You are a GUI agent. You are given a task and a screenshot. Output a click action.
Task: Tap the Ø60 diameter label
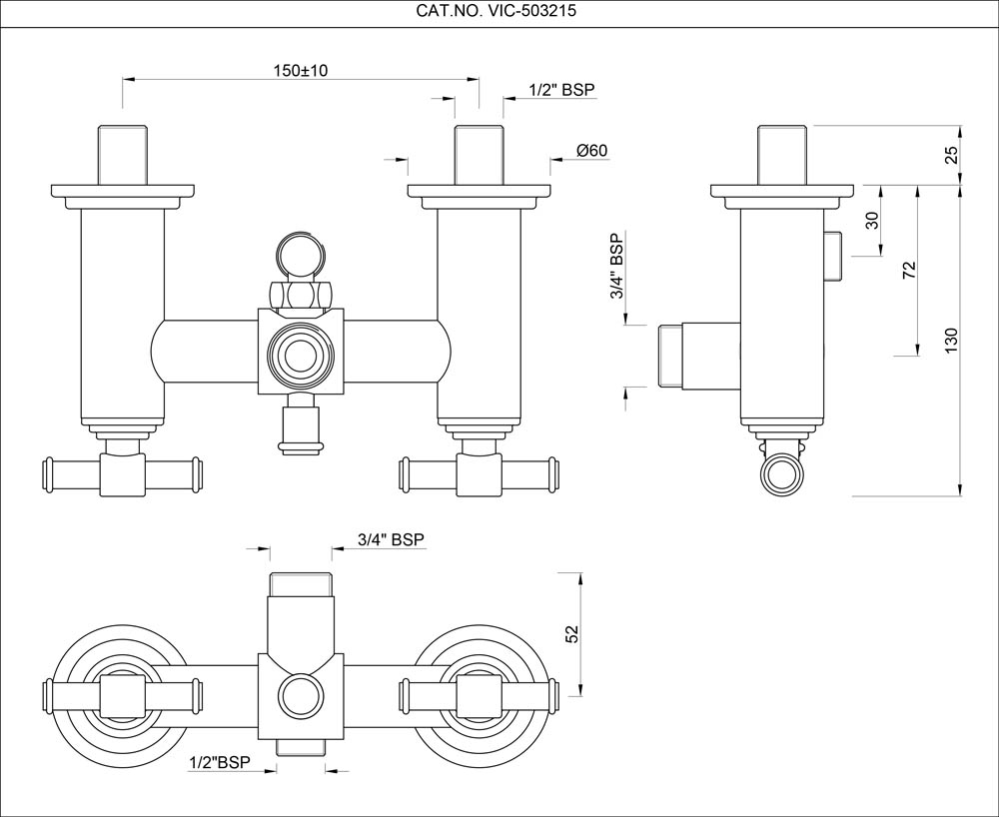(x=592, y=151)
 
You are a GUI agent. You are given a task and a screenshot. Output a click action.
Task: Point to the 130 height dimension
(x=951, y=340)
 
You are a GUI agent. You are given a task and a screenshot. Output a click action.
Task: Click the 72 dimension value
(x=909, y=271)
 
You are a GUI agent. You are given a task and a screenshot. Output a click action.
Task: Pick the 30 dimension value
(x=872, y=221)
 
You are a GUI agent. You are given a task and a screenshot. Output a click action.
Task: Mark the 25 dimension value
(x=951, y=155)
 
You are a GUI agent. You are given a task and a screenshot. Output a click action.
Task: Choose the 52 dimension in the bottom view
(x=572, y=635)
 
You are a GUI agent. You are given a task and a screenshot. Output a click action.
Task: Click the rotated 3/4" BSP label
(x=618, y=268)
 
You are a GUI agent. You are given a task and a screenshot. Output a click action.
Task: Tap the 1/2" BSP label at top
(x=561, y=90)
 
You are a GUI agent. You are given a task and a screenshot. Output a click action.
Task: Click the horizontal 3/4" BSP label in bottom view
(x=391, y=539)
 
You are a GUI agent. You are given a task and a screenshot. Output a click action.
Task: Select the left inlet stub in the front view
(x=123, y=155)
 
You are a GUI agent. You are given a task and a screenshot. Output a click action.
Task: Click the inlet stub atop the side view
(x=782, y=155)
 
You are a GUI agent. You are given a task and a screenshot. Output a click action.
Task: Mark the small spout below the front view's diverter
(x=300, y=426)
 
